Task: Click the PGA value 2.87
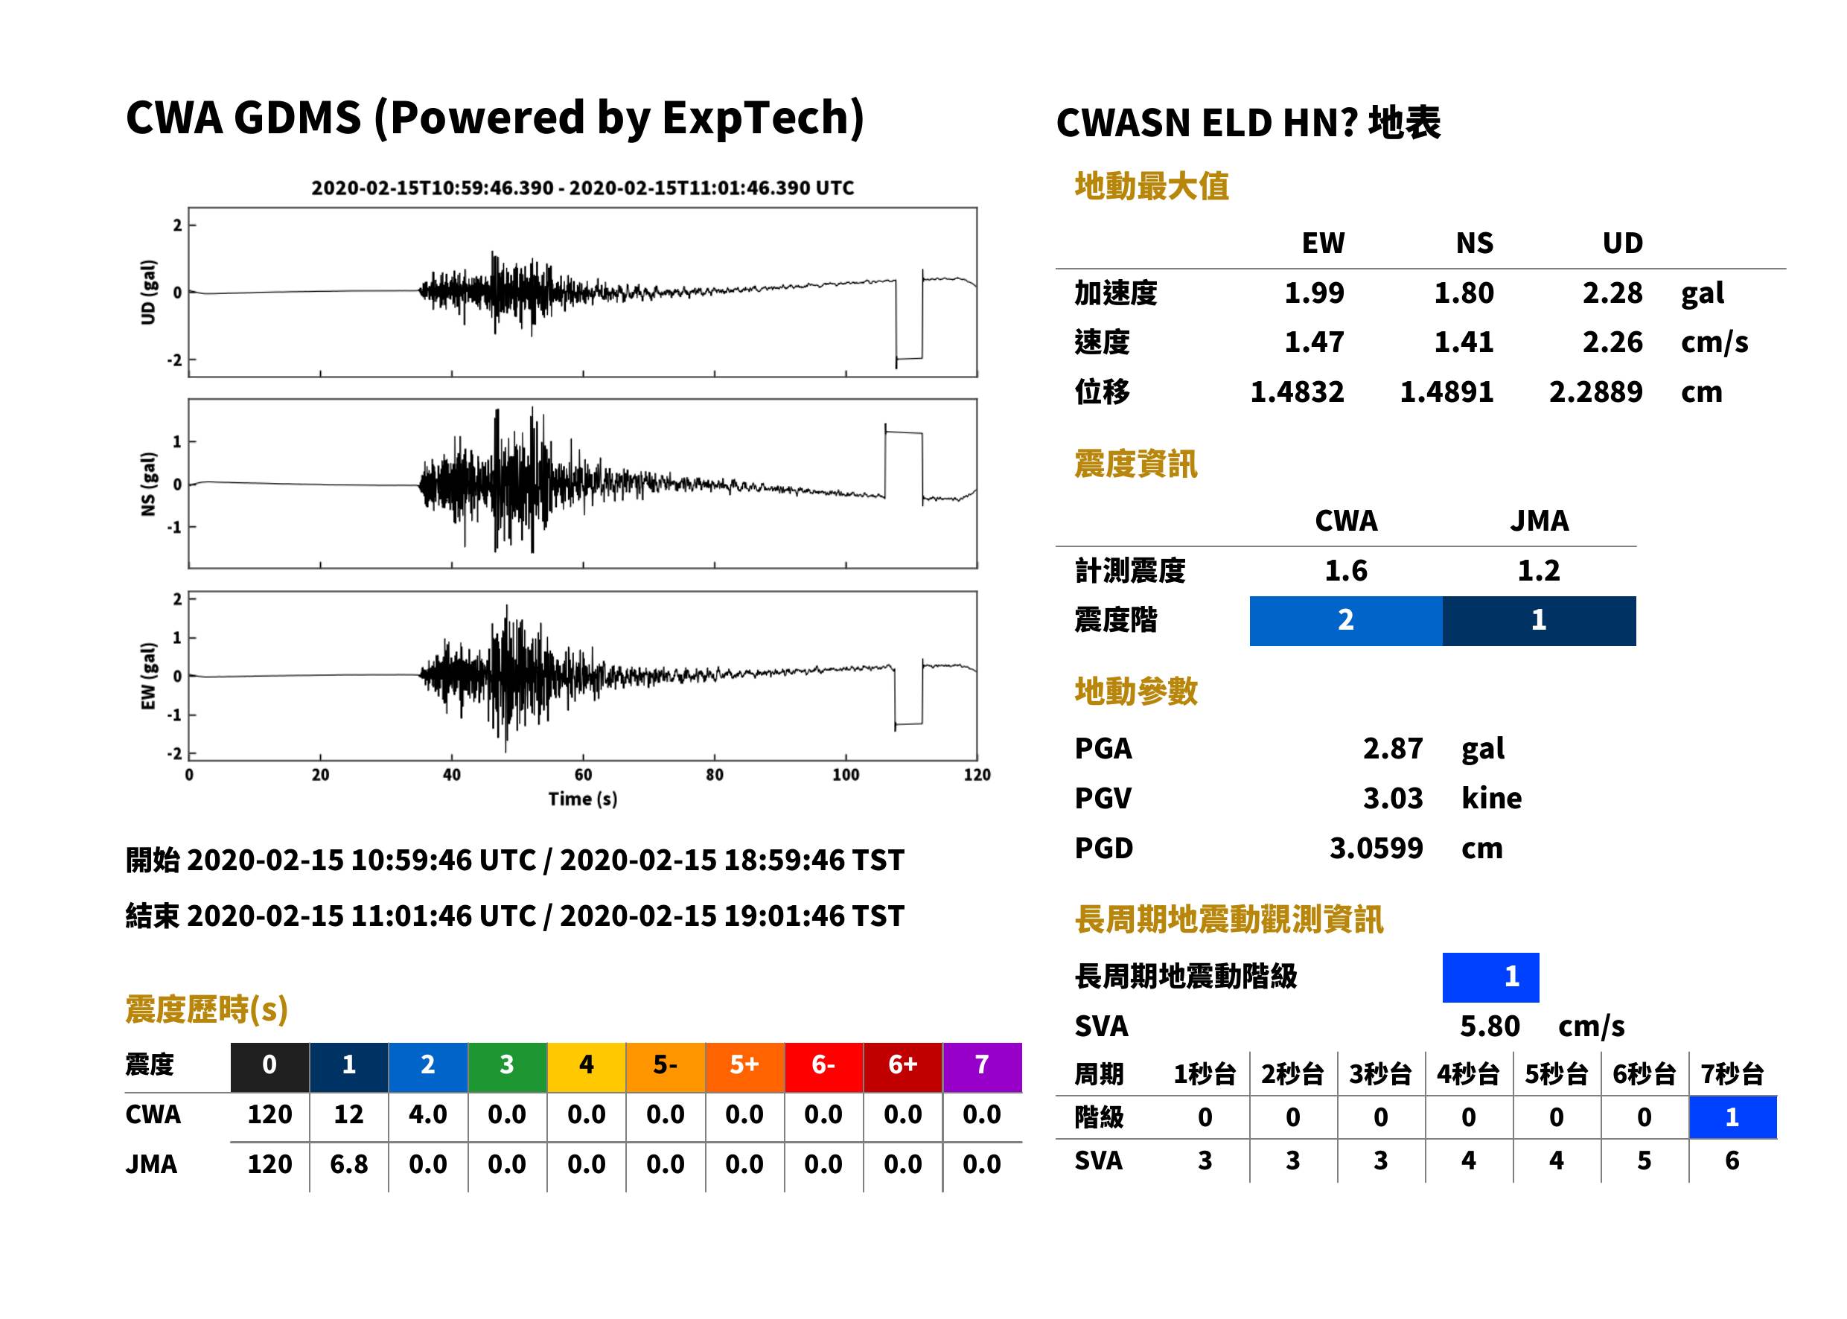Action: click(1392, 748)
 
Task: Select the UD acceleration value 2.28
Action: click(1612, 293)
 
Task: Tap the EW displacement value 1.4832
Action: click(1297, 392)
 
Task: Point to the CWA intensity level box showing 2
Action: click(1346, 621)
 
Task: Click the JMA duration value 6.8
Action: click(348, 1164)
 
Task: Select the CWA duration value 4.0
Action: click(428, 1114)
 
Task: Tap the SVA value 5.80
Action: click(1490, 1026)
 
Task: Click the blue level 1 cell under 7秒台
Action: click(1732, 1117)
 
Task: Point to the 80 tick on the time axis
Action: click(714, 775)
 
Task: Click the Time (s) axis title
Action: click(582, 799)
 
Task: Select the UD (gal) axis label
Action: click(148, 293)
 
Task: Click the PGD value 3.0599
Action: click(1376, 848)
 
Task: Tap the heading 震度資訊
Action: click(1135, 464)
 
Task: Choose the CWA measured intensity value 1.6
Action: click(1346, 570)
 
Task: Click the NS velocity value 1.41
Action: click(1464, 342)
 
